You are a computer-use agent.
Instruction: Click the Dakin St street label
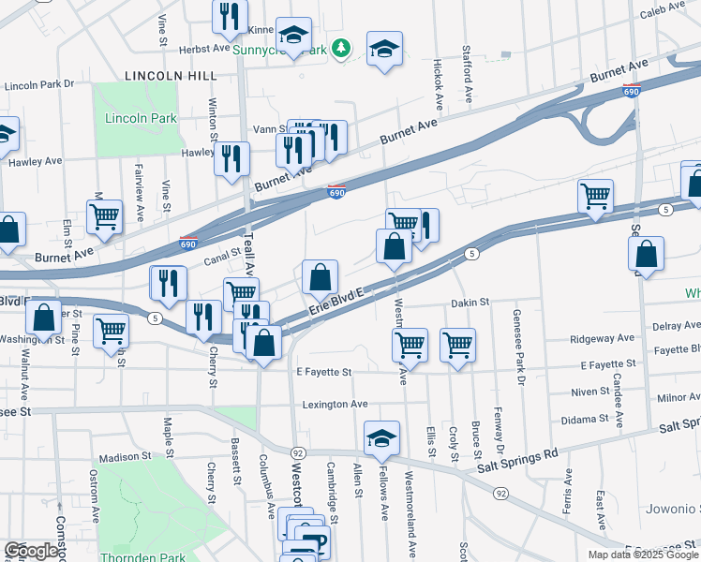click(x=470, y=303)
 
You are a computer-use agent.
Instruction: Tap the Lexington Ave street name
click(x=335, y=404)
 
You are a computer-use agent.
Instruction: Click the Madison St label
click(x=125, y=457)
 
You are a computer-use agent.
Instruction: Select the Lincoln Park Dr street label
click(x=38, y=85)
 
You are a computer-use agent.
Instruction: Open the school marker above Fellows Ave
click(x=381, y=438)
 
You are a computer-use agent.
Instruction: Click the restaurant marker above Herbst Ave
click(x=228, y=17)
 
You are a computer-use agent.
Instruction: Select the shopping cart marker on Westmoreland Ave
click(x=410, y=345)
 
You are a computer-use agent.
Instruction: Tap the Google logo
click(x=31, y=551)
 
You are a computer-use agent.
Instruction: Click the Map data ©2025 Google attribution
click(x=644, y=555)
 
